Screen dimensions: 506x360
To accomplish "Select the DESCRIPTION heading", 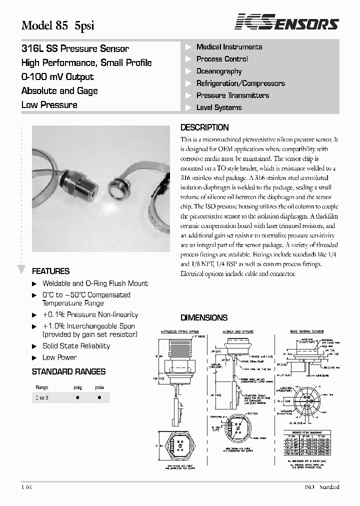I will click(x=204, y=127).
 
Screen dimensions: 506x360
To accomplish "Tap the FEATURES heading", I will click(x=50, y=271).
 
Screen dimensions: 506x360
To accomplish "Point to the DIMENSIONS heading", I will click(x=203, y=317).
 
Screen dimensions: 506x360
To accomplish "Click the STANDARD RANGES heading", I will click(x=68, y=371).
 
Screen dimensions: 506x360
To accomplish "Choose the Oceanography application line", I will click(x=219, y=71).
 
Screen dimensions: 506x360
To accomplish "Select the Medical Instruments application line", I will click(x=229, y=47).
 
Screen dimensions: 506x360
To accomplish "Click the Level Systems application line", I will click(x=219, y=107).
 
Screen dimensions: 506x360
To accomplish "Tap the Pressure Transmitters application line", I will click(x=232, y=95).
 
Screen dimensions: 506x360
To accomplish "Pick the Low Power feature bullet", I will click(x=59, y=357).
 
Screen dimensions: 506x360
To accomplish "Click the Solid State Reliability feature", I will click(x=76, y=346).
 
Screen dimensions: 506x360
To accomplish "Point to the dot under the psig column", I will click(x=77, y=397).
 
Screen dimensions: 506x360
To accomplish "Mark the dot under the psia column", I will click(x=99, y=397).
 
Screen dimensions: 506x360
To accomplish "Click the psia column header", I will click(x=99, y=387).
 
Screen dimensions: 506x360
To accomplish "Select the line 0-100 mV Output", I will click(x=57, y=77).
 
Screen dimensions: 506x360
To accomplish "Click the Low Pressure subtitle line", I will click(x=49, y=105).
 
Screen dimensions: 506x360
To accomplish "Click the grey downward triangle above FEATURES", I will click(x=21, y=269).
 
